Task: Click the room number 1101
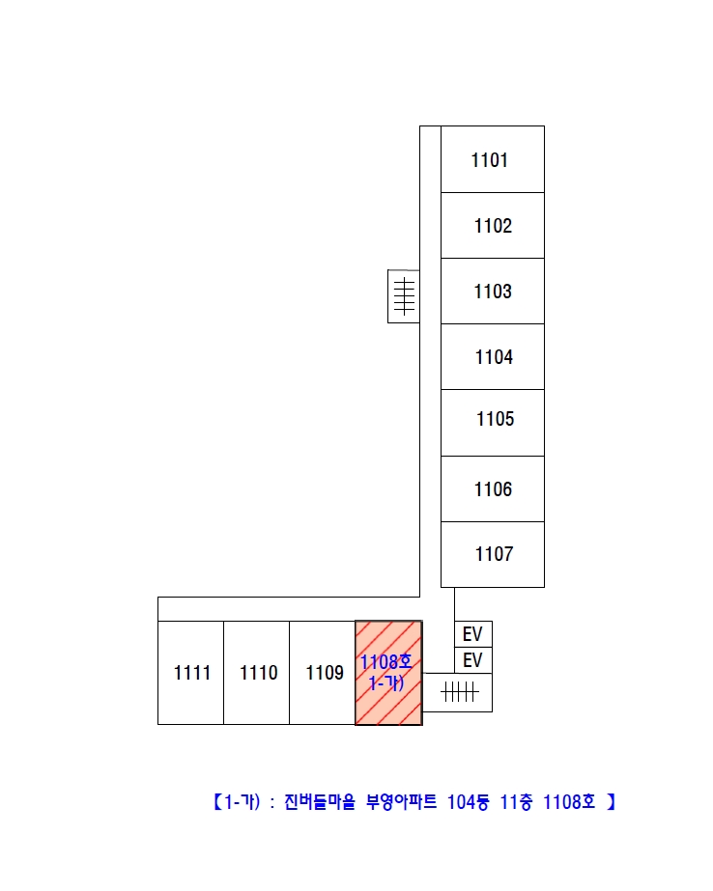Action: pos(489,160)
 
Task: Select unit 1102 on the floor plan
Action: pos(493,226)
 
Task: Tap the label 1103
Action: pos(493,292)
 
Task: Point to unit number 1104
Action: pos(494,357)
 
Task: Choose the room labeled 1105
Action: pos(496,419)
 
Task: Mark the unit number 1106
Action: pos(493,489)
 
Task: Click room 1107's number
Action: pos(494,554)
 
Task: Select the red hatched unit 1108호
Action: pos(389,673)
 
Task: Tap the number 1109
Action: pos(325,673)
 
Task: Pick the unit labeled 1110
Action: pos(259,673)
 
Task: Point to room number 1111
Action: pos(192,673)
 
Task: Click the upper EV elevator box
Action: pos(473,634)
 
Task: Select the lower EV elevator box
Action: pos(473,660)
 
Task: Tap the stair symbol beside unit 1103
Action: pos(404,296)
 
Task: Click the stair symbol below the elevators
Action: pos(460,692)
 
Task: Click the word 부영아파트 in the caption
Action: pos(401,802)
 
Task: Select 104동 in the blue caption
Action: pos(468,802)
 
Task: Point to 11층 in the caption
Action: pos(516,802)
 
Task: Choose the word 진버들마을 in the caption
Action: pos(320,802)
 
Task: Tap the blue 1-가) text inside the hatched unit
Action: pos(386,683)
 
